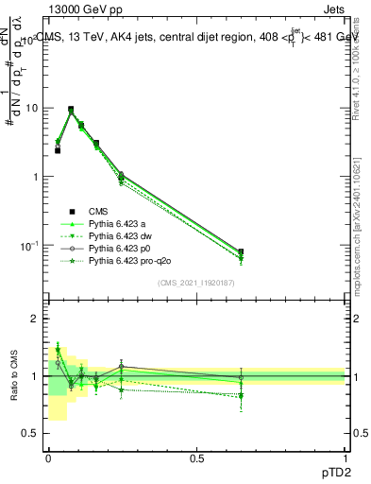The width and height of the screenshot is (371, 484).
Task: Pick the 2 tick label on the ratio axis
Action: (x=34, y=319)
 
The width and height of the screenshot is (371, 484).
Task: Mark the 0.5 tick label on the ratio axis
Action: (x=30, y=433)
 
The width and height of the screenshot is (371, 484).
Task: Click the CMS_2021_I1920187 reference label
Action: (x=196, y=283)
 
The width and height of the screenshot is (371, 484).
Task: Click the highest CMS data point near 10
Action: (x=71, y=110)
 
